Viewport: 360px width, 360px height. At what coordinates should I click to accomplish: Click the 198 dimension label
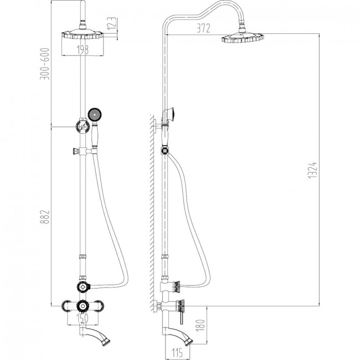[83, 50]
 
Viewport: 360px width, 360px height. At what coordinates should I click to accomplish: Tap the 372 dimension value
[203, 28]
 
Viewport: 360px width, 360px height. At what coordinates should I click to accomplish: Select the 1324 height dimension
[313, 170]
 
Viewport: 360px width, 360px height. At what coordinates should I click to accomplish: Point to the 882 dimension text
[45, 217]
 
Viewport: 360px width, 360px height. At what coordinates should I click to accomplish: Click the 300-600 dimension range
[45, 64]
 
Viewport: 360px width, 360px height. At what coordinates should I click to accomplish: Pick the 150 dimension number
[83, 318]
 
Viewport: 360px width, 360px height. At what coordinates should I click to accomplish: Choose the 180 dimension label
[201, 325]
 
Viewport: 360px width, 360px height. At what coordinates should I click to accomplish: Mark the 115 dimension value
[177, 352]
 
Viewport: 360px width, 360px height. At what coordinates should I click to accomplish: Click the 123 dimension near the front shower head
[112, 24]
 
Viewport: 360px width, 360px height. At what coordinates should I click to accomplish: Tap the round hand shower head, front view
[95, 115]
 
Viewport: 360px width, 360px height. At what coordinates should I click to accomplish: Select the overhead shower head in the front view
[83, 34]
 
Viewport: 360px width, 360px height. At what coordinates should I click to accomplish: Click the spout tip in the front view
[107, 340]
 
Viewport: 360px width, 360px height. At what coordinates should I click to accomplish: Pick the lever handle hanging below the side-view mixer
[181, 317]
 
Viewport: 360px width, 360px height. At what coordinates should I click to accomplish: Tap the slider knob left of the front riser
[75, 151]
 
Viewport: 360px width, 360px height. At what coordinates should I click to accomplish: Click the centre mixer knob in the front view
[83, 306]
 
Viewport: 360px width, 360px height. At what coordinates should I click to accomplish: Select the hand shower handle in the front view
[95, 136]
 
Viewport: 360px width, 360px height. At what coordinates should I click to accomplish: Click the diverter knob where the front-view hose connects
[83, 287]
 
